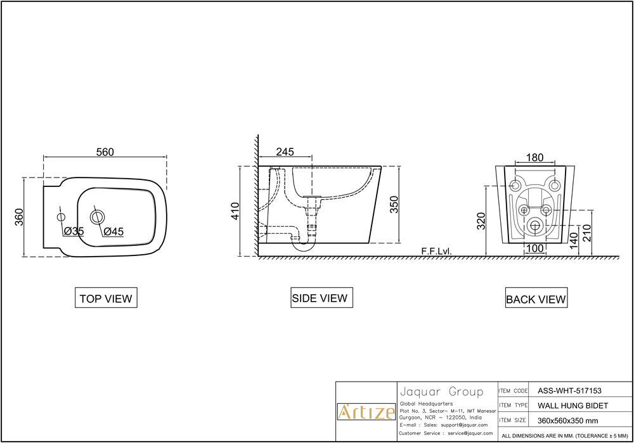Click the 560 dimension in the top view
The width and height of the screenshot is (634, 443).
[105, 152]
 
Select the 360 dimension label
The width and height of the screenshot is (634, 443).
[19, 217]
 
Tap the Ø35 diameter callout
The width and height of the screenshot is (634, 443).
[74, 231]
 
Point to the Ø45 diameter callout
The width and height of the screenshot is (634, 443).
[113, 231]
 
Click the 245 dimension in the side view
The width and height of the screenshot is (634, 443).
[285, 151]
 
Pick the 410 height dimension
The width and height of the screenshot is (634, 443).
[235, 211]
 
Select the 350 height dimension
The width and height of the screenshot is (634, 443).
[394, 205]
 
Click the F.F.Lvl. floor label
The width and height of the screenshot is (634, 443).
[436, 251]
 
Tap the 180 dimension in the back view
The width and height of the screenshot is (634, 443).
[535, 158]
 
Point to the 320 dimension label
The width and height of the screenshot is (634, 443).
[481, 221]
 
